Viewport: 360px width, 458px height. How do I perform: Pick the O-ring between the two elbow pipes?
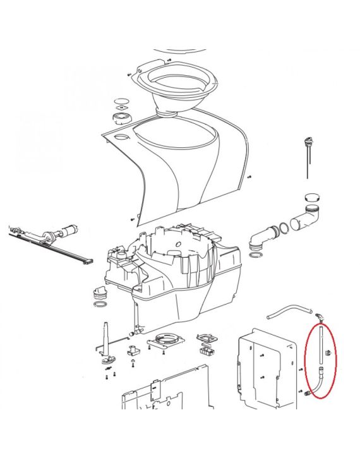click(285, 226)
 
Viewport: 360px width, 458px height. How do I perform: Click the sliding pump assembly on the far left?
click(51, 243)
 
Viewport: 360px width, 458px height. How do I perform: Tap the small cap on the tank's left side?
click(99, 294)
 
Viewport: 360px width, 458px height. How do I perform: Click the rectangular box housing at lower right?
click(267, 366)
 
